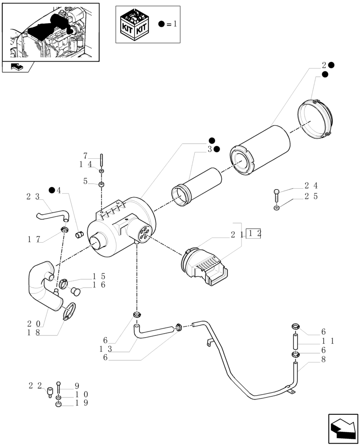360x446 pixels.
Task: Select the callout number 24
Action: [x=311, y=186]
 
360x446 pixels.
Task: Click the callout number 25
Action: [x=311, y=196]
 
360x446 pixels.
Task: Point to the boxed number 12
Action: [x=254, y=234]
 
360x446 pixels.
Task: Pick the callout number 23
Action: [x=33, y=196]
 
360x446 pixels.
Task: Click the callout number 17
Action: [x=33, y=240]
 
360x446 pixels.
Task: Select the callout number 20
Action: [x=33, y=323]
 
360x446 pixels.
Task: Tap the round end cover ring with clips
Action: [x=315, y=119]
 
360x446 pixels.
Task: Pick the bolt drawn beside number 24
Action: [x=277, y=195]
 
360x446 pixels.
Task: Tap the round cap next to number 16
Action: [x=75, y=291]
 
